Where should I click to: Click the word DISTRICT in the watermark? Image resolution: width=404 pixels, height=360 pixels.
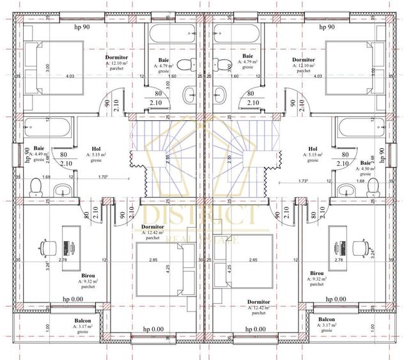pyautogui.click(x=202, y=215)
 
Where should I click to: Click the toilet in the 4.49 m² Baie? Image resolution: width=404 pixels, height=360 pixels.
pyautogui.click(x=36, y=186)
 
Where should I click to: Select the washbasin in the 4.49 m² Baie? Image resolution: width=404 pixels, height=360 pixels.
pyautogui.click(x=62, y=190)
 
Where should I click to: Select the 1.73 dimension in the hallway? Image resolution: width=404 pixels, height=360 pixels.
pyautogui.click(x=304, y=181)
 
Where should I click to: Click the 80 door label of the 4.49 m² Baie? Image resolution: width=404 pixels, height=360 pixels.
pyautogui.click(x=63, y=154)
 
